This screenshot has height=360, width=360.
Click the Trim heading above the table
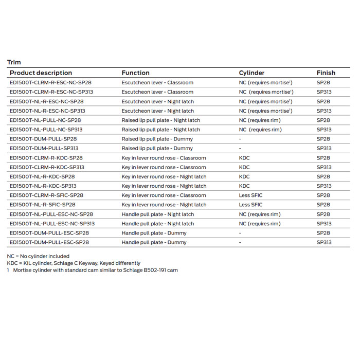[x=14, y=62]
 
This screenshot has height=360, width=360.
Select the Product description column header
[x=41, y=73]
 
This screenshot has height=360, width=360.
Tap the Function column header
[x=135, y=73]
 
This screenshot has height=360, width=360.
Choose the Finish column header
[x=326, y=73]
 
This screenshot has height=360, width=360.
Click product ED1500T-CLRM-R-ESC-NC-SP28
[x=50, y=82]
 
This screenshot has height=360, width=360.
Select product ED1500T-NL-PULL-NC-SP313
[x=46, y=130]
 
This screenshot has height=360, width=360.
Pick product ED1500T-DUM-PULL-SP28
[x=43, y=139]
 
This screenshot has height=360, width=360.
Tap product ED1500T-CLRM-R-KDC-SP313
[x=47, y=167]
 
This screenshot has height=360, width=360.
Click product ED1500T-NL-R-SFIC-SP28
[x=43, y=205]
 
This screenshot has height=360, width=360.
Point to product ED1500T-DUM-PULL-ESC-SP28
[x=49, y=233]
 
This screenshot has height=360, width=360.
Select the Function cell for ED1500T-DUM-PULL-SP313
[x=157, y=149]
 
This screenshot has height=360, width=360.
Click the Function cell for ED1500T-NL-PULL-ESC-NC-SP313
[x=157, y=224]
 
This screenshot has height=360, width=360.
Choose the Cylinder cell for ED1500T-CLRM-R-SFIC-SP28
[x=251, y=195]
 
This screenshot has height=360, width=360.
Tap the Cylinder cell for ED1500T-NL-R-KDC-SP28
[x=244, y=176]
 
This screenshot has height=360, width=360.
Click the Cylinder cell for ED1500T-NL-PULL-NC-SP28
[x=260, y=120]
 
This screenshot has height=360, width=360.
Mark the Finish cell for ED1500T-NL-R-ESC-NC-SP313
[x=324, y=111]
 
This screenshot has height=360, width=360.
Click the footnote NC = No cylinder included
[x=38, y=256]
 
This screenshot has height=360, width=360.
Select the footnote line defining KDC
[x=73, y=263]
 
